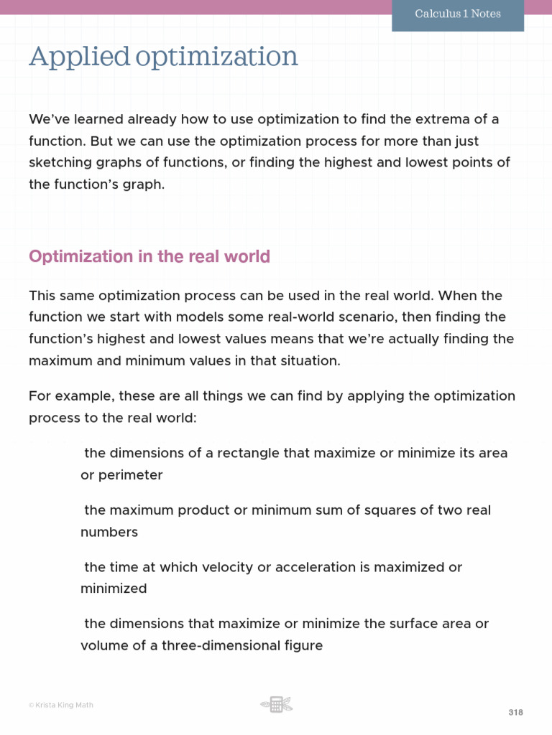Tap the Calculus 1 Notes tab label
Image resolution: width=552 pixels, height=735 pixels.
click(x=458, y=14)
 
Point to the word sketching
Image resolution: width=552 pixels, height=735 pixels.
click(x=59, y=162)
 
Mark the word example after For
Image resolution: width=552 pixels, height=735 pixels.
click(x=83, y=396)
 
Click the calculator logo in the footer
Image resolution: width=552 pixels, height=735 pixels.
click(x=276, y=705)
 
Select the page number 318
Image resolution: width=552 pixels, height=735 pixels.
click(x=515, y=713)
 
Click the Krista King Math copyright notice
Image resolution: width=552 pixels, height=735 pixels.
click(x=61, y=705)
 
